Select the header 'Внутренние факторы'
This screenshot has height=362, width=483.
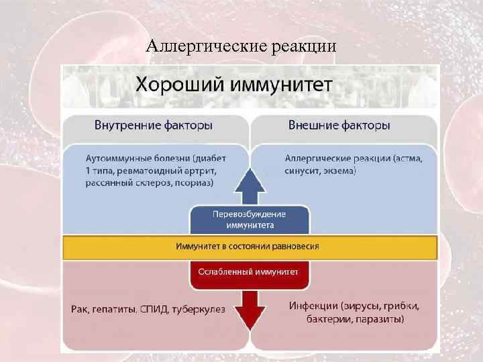pos(154,125)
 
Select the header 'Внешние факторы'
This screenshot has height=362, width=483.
pos(339,125)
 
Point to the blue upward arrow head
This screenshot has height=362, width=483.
pos(250,180)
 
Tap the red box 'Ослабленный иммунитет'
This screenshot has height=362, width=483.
pos(250,272)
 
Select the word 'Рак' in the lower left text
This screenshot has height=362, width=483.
pos(79,310)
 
